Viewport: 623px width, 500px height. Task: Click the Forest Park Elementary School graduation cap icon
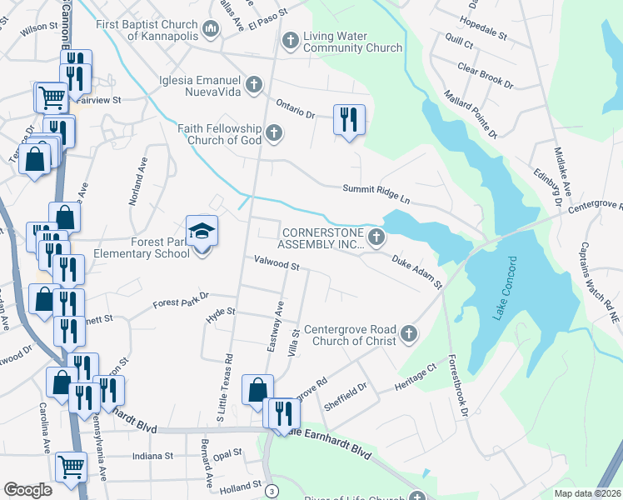(x=201, y=231)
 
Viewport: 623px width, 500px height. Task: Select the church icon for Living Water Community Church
(x=291, y=40)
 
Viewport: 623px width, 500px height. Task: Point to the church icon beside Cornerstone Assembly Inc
(x=376, y=238)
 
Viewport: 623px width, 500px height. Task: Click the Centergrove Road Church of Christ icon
(x=408, y=334)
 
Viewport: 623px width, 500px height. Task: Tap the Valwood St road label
(x=277, y=265)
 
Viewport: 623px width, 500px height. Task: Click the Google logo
(x=27, y=490)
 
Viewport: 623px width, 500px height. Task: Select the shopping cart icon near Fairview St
(x=52, y=97)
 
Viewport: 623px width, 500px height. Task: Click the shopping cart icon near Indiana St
(x=72, y=466)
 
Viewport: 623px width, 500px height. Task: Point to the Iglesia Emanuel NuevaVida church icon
(x=254, y=85)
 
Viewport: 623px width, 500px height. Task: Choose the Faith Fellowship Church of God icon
(x=272, y=132)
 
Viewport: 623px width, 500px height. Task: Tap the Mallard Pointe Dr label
(x=470, y=114)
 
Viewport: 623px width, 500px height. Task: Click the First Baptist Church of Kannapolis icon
(x=210, y=31)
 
